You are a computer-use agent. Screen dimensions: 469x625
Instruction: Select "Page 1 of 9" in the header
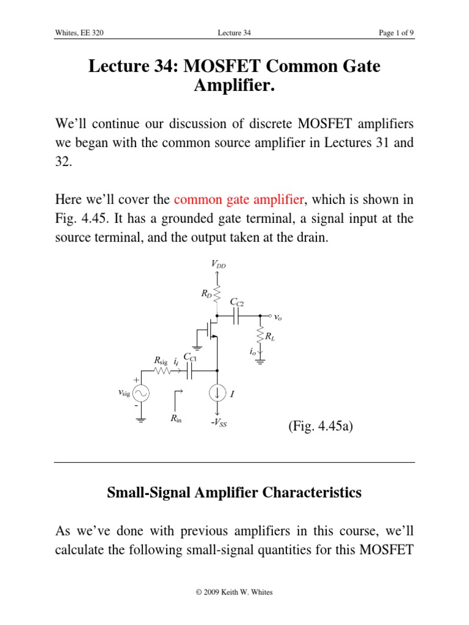[x=396, y=34]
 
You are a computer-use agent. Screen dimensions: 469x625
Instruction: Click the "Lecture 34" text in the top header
[x=234, y=34]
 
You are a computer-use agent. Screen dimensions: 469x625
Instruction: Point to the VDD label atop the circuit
[x=218, y=264]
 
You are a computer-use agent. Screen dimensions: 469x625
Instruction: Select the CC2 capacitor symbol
[x=237, y=316]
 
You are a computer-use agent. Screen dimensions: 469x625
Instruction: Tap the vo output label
[x=278, y=317]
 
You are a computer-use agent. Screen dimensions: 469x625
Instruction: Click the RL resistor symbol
[x=260, y=335]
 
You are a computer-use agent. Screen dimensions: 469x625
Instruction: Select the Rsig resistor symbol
[x=162, y=370]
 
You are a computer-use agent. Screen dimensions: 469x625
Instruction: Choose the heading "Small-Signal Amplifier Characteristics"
[x=234, y=493]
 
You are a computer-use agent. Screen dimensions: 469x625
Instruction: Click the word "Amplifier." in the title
[x=234, y=86]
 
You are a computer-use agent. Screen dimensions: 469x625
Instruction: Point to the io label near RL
[x=252, y=352]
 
